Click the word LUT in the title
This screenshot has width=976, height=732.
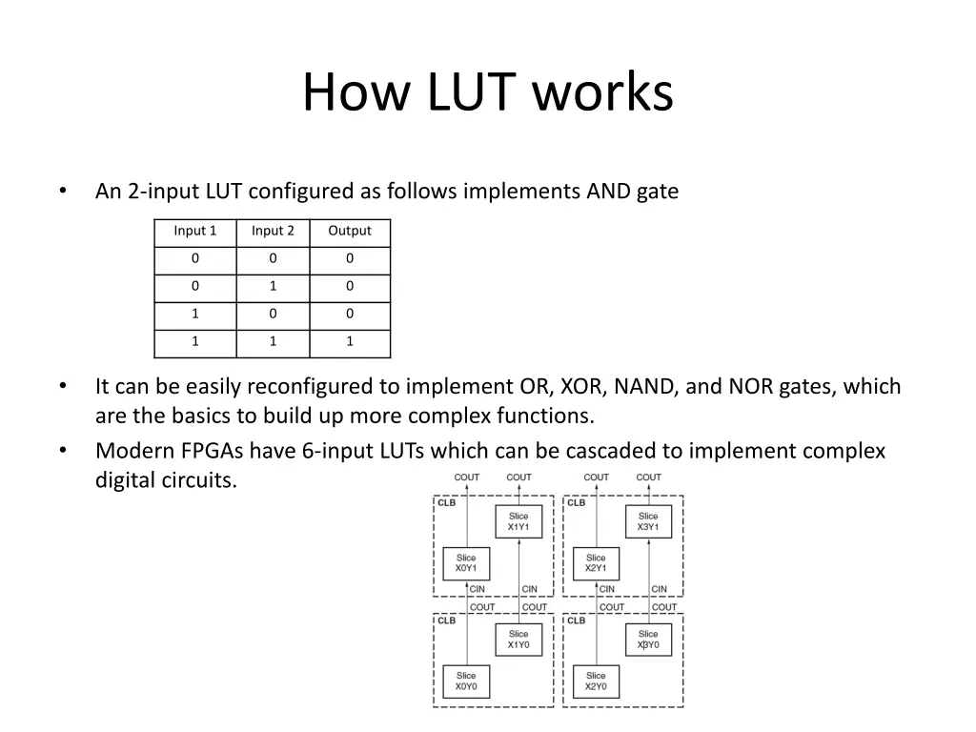coord(471,92)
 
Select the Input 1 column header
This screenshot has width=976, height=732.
coord(194,231)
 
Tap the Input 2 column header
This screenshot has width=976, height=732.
coord(273,231)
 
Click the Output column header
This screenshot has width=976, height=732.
coord(350,231)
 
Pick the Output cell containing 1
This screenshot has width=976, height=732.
coord(350,341)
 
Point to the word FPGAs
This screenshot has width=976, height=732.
coord(213,451)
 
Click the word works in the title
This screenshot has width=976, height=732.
coord(602,92)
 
